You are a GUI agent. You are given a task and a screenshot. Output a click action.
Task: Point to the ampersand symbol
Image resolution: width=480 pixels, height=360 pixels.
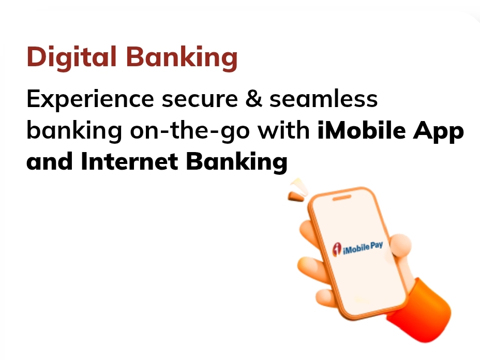[254, 99]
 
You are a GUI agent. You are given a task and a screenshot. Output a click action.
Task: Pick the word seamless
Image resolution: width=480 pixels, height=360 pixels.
[323, 99]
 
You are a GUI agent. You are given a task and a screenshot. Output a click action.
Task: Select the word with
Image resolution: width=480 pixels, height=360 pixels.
[283, 130]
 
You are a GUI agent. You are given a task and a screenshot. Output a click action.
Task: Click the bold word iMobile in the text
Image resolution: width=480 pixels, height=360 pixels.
[362, 130]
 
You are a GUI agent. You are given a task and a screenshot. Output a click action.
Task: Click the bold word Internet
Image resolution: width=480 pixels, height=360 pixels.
[129, 161]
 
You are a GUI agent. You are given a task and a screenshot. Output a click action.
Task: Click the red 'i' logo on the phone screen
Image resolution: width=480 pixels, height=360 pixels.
[337, 249]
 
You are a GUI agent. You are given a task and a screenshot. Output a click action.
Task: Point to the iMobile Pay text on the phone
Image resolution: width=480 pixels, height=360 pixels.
[363, 248]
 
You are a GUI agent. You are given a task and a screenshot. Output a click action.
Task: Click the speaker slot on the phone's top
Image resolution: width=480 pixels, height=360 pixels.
[342, 198]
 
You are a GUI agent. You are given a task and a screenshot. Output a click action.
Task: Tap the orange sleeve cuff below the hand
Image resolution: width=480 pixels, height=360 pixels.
[420, 310]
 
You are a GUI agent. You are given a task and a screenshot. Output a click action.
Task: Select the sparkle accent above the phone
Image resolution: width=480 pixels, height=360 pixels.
[298, 190]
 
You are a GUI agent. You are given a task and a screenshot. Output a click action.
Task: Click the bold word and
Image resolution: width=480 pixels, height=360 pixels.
[50, 161]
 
